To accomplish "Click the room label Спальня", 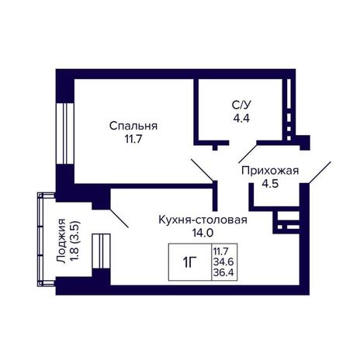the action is point(133,126).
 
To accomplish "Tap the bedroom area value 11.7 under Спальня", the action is point(133,140).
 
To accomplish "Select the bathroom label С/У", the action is point(241,106).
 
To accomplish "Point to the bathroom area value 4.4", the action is point(241,119).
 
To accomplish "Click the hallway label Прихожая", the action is point(270,171).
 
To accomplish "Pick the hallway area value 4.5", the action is point(270,184).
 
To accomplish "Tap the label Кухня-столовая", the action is point(202,220).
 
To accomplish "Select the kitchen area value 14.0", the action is point(202,233).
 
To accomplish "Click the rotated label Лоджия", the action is point(61,241).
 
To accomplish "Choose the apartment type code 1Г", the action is point(190,263).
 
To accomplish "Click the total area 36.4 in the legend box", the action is point(223,272).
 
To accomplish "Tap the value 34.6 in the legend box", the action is point(223,261).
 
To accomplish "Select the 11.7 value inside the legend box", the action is point(221,251).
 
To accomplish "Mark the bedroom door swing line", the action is point(202,170).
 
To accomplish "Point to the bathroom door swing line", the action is point(247,154).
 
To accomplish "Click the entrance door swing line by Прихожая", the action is point(320,172).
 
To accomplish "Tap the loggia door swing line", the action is point(119,218).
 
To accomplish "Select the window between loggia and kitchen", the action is point(102,251).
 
